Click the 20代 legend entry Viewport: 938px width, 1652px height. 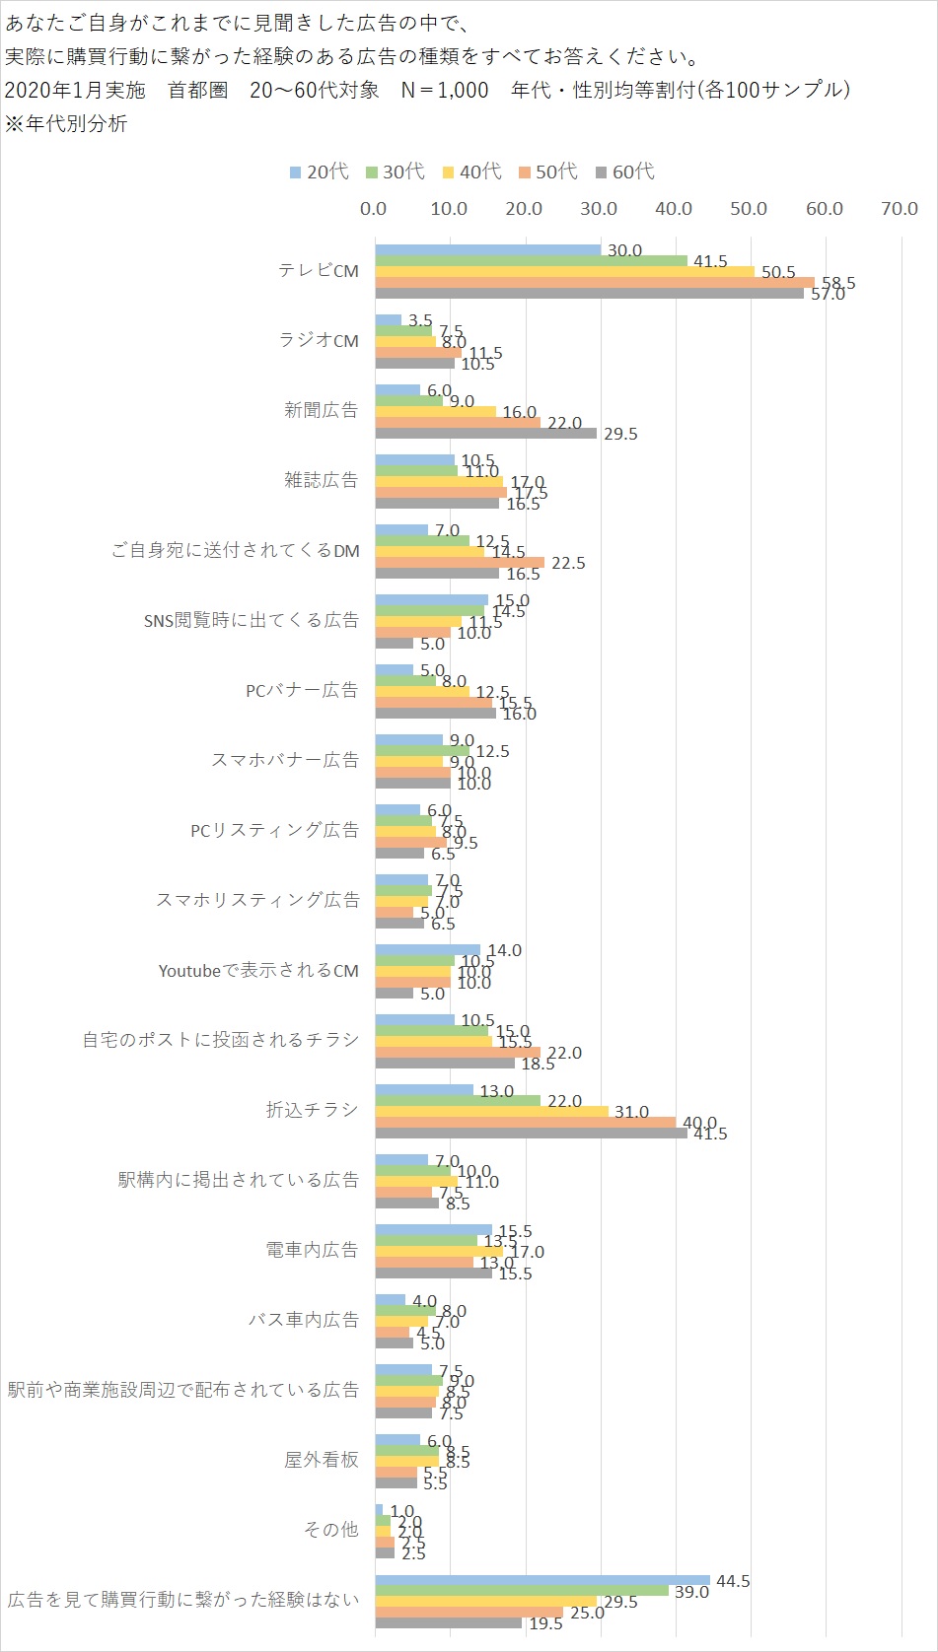320,172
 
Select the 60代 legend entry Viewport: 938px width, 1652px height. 625,172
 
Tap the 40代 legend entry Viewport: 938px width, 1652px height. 472,172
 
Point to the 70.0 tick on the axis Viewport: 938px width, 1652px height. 900,209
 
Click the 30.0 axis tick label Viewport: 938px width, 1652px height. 599,209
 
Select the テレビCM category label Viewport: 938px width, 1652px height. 319,270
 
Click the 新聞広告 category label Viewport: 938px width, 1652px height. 322,410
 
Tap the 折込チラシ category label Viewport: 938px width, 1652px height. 312,1110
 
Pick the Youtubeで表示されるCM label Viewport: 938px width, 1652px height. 258,971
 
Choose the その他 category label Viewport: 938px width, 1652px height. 331,1530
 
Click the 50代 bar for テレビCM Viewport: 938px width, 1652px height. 594,283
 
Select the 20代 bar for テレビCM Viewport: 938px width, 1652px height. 487,250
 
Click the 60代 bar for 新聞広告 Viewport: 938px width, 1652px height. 485,433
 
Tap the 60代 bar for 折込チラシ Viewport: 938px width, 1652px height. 531,1134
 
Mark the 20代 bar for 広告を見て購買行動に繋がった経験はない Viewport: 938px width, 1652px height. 541,1580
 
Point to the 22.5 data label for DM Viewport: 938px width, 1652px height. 568,563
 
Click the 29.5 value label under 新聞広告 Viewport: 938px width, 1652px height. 620,434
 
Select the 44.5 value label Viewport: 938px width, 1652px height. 733,1581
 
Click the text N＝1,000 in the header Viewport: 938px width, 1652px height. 445,90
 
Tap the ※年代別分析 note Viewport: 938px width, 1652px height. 66,124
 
